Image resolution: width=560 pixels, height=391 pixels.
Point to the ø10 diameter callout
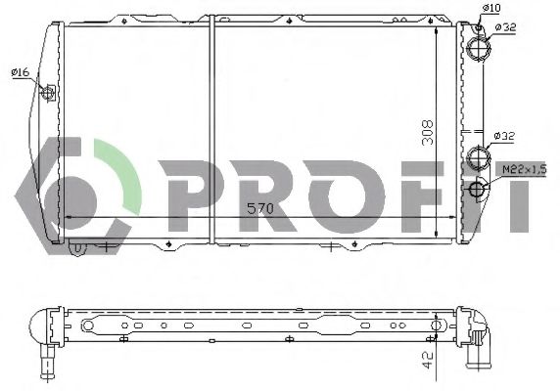click(x=491, y=10)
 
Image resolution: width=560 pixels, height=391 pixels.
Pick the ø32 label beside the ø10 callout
click(x=506, y=27)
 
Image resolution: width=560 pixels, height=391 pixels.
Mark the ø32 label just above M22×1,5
click(x=504, y=135)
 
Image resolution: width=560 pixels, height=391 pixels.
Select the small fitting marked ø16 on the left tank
click(x=50, y=91)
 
